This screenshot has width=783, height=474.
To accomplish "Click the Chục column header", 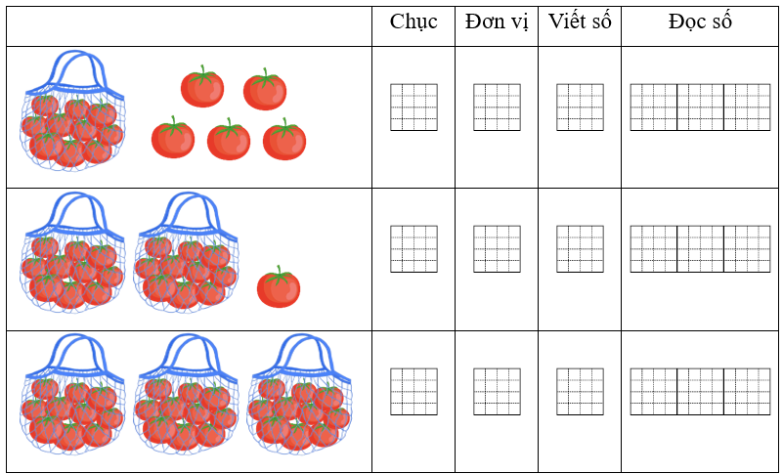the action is click(x=413, y=22).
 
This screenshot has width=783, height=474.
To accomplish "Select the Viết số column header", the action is click(x=580, y=22).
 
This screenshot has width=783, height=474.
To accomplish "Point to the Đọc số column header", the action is click(x=700, y=22).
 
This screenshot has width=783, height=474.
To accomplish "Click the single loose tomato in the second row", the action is click(x=279, y=286).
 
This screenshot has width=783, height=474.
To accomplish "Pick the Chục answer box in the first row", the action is click(x=413, y=108).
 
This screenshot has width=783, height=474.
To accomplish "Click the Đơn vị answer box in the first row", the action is click(x=497, y=108).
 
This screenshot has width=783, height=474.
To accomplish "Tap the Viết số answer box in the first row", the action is click(x=581, y=108).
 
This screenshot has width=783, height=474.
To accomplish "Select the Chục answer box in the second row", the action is click(x=413, y=249).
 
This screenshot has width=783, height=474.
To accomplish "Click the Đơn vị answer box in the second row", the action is click(x=497, y=249).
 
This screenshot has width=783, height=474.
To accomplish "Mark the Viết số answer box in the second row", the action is click(x=581, y=249).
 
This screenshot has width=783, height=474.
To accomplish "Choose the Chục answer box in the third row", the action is click(x=413, y=392).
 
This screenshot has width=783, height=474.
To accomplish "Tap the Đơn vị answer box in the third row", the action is click(x=497, y=392).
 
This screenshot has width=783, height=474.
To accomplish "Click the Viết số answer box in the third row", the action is click(x=581, y=392).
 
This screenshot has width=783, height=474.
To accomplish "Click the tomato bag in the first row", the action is click(x=73, y=110).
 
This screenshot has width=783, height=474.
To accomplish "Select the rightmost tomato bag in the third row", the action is click(x=300, y=394).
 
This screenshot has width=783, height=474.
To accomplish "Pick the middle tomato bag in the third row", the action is click(x=187, y=394).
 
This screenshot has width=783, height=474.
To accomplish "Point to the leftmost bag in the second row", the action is click(x=73, y=252).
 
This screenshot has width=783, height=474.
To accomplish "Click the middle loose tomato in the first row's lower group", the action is click(x=229, y=139).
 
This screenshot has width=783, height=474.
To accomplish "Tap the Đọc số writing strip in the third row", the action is click(x=701, y=392).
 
